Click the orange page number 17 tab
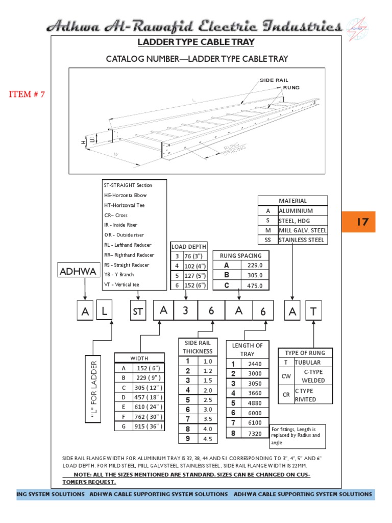(x=362, y=222)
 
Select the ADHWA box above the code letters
(x=78, y=271)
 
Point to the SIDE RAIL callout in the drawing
(x=274, y=80)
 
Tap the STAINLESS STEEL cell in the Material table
(x=302, y=240)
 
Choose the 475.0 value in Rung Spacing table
(x=254, y=286)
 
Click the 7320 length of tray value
(x=254, y=434)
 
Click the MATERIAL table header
(x=292, y=201)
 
